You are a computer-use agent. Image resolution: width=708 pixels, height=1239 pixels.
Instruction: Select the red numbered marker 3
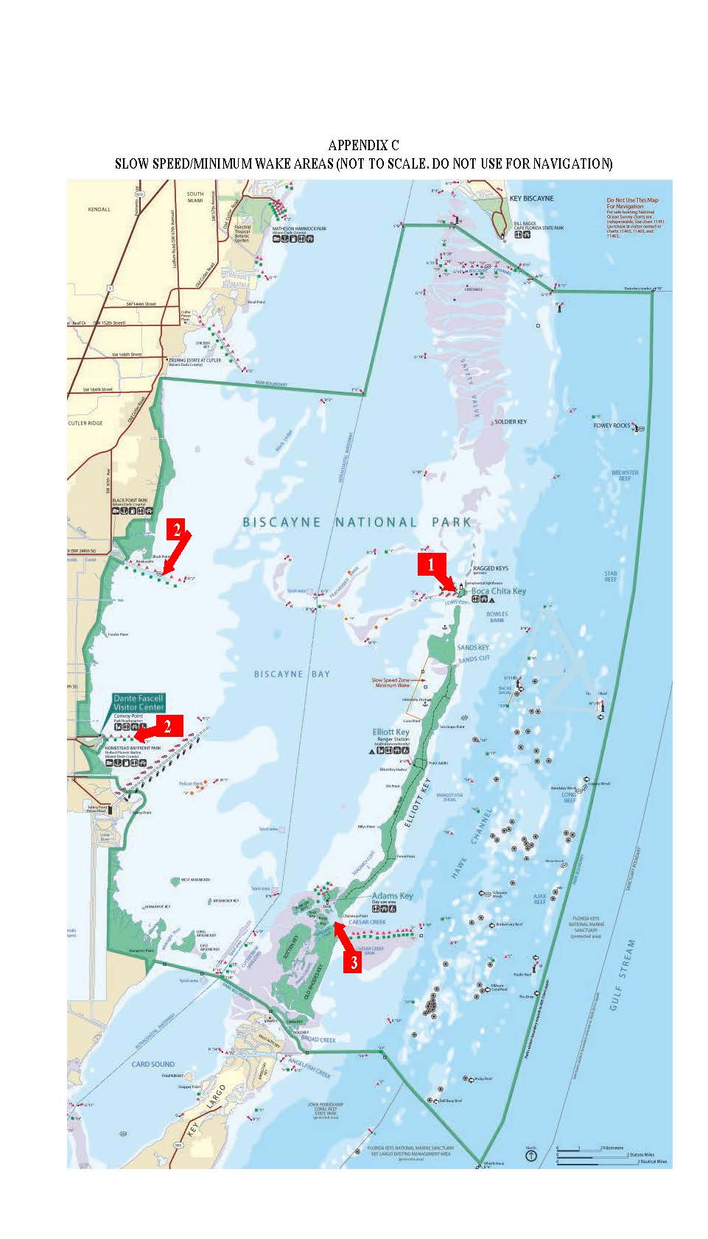(x=354, y=961)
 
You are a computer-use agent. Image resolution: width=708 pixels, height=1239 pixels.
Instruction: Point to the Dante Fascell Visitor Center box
(x=139, y=702)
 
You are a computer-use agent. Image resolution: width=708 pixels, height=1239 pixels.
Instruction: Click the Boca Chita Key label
(x=498, y=591)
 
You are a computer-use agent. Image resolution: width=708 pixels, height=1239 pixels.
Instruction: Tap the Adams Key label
(x=392, y=896)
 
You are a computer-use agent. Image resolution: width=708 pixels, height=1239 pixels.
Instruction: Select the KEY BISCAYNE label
(x=531, y=199)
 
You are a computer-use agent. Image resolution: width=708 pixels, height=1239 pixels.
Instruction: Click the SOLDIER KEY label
(x=511, y=422)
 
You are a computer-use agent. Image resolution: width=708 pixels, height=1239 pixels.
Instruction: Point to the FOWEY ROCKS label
(x=611, y=426)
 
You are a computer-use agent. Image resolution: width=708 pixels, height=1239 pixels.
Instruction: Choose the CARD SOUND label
(x=153, y=1064)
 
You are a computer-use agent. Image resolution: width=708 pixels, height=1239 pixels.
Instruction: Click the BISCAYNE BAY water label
(x=292, y=674)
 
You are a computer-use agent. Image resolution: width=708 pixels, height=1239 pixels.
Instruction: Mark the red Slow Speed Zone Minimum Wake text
(x=395, y=682)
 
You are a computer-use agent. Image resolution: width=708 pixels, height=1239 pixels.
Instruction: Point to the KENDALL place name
(x=99, y=209)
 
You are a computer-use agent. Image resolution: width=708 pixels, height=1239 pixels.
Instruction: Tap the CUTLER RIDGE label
(x=85, y=423)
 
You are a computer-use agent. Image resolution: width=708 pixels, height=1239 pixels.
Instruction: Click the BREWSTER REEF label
(x=625, y=476)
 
